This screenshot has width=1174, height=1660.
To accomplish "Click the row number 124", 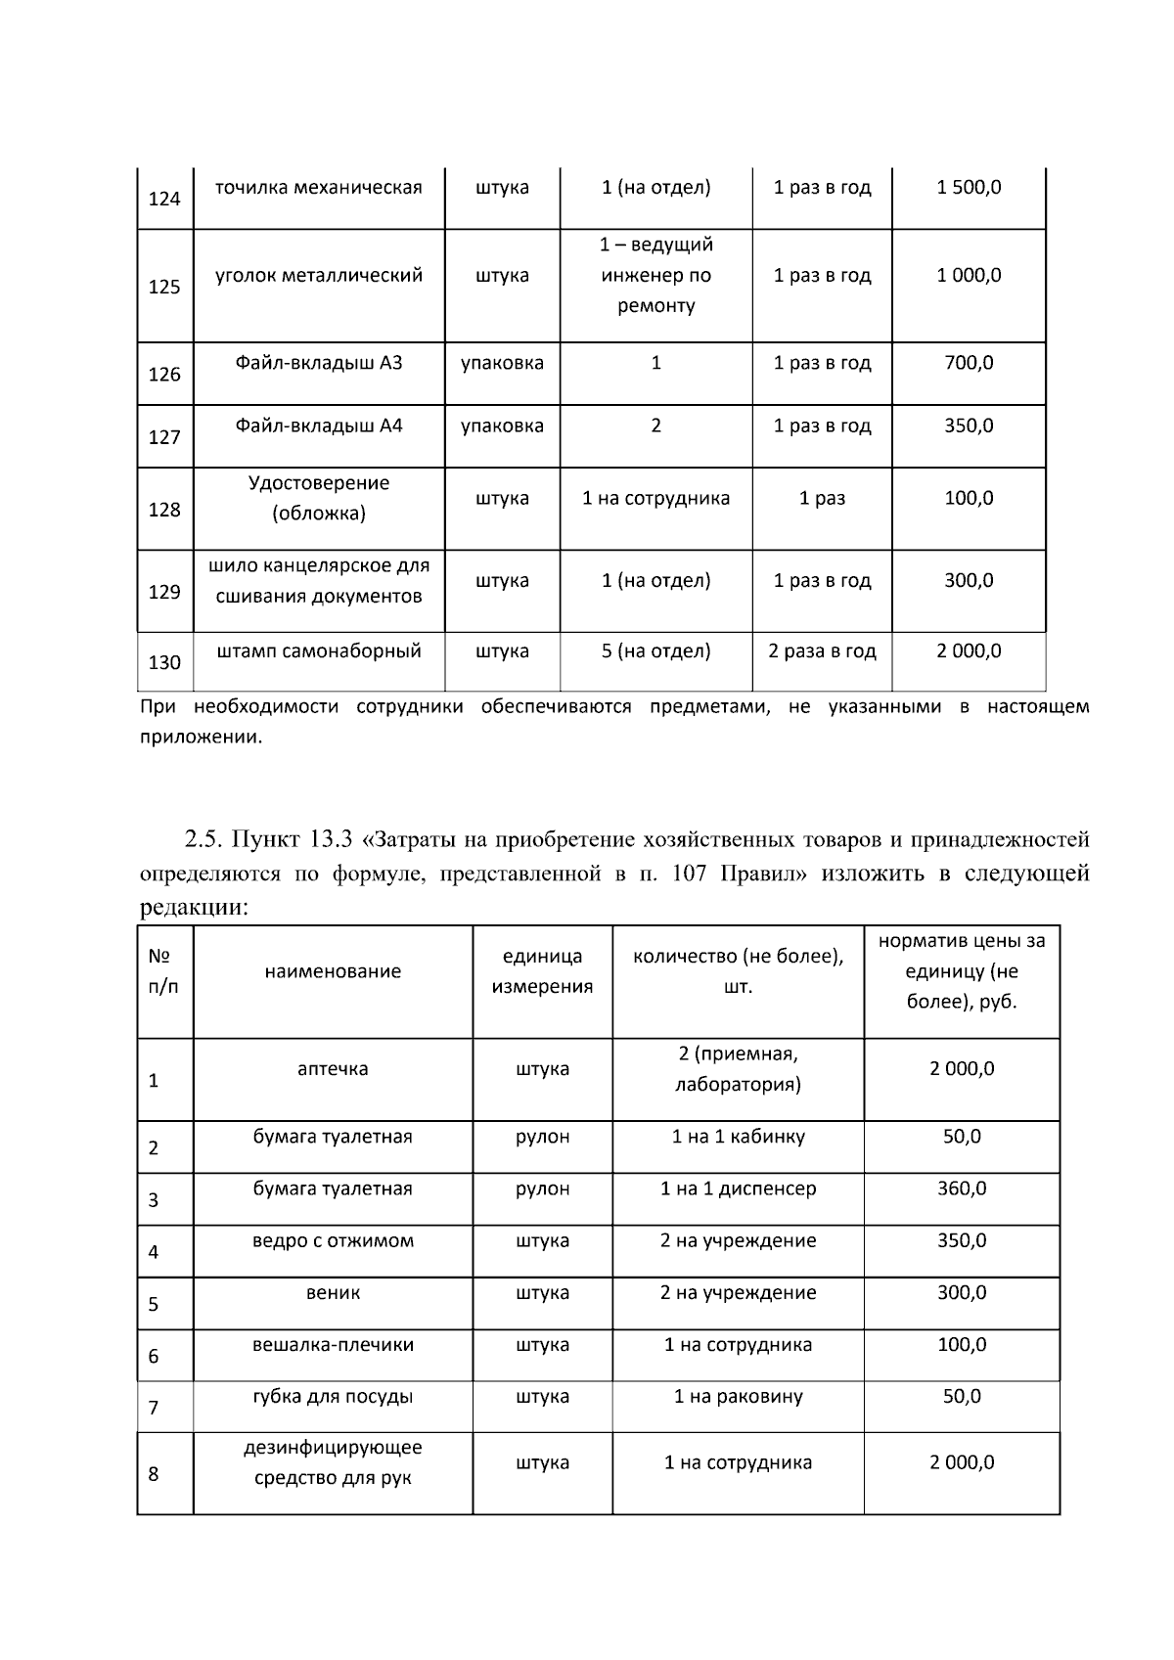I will [x=164, y=200].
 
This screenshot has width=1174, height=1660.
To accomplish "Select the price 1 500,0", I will [x=969, y=188].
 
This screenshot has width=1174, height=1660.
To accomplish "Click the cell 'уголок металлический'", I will [x=319, y=276].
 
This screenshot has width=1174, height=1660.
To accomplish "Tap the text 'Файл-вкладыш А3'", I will [x=319, y=363].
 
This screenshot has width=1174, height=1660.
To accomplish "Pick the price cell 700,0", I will [x=969, y=363].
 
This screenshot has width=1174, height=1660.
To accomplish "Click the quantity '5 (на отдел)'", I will [x=655, y=651].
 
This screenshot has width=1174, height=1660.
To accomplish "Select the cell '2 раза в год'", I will [x=822, y=651].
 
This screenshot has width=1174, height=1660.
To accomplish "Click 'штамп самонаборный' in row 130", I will [x=319, y=651].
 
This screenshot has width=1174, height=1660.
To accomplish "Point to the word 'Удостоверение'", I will [x=319, y=483].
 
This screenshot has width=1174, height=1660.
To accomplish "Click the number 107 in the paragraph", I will [x=690, y=874].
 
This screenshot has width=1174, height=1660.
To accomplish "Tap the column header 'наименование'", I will [x=333, y=971].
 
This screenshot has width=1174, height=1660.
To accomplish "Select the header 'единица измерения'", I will [x=542, y=971].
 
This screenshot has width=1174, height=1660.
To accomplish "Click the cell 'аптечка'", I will [x=333, y=1069].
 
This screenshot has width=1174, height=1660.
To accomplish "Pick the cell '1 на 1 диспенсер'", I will [x=738, y=1189].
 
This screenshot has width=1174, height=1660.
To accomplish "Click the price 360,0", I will [x=962, y=1189].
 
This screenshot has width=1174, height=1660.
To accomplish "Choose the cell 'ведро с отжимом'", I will [x=333, y=1241].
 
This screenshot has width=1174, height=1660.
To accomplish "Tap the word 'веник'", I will [x=333, y=1293].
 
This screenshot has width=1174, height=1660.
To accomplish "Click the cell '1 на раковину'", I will [x=738, y=1397].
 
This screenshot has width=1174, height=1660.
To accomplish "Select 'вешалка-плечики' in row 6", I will [x=333, y=1345].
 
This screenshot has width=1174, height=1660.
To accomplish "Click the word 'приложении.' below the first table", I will [x=201, y=738].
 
